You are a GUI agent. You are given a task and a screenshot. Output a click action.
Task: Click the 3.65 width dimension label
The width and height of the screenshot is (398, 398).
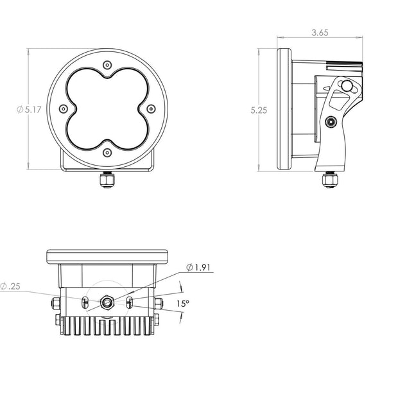coord(320,33)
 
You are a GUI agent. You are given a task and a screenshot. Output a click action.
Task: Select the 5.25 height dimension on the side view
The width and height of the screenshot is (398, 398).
coord(259,110)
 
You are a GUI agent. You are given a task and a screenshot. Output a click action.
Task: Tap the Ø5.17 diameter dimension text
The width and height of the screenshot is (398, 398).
coord(29,110)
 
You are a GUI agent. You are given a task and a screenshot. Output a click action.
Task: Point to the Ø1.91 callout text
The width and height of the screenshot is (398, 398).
coord(198,268)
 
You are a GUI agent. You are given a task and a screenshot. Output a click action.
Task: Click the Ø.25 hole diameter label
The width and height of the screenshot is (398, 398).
coord(10,286)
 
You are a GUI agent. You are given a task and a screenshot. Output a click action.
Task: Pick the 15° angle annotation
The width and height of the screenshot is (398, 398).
coord(183,304)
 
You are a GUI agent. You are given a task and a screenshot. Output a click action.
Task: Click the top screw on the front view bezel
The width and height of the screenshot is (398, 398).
coord(107,65)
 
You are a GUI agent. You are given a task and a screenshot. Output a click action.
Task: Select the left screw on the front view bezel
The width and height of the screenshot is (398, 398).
coord(63,109)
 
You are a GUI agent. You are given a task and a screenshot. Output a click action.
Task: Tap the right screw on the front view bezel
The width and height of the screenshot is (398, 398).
coord(151,109)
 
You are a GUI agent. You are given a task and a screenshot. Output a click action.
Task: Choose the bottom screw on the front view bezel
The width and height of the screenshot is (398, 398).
coord(107,153)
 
